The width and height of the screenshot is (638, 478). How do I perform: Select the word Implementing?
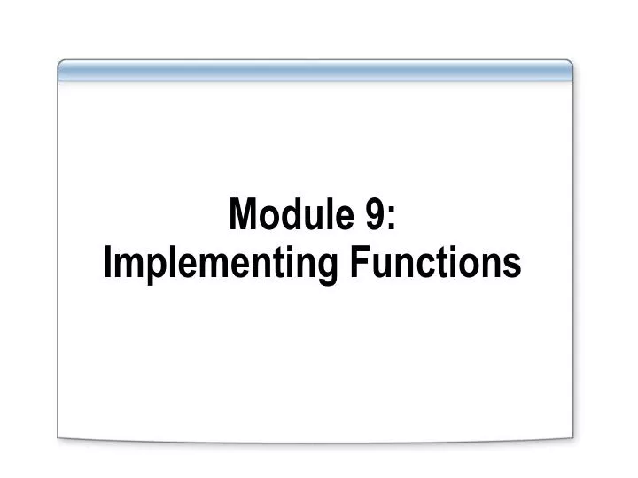coord(217,265)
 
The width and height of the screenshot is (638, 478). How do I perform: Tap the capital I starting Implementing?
coord(107,263)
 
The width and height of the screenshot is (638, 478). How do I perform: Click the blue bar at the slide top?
coord(315,71)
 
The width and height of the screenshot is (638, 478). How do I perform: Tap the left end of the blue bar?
coord(62,71)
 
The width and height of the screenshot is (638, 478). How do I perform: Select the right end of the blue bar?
coord(569,71)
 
